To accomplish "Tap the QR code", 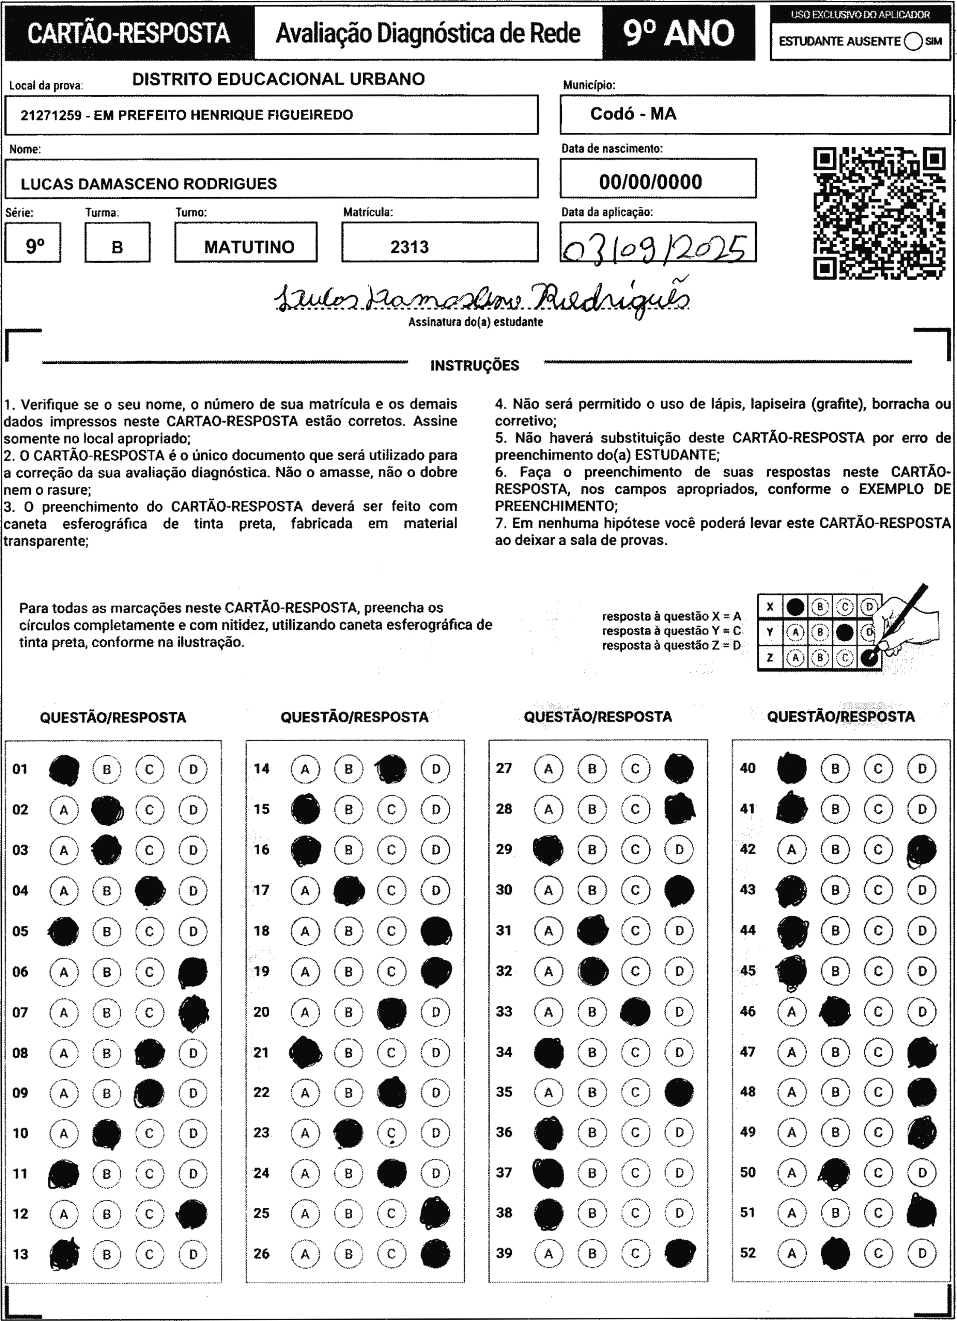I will (879, 213).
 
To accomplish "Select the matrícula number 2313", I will (409, 247).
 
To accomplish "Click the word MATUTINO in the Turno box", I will (249, 247).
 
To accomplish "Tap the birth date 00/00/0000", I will (650, 182).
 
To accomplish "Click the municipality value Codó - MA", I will (633, 114).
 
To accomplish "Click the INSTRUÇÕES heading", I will (474, 366).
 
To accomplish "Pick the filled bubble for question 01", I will (64, 769).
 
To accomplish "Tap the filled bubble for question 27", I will (679, 769).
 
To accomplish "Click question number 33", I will (504, 1012).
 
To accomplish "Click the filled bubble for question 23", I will (348, 1133).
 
